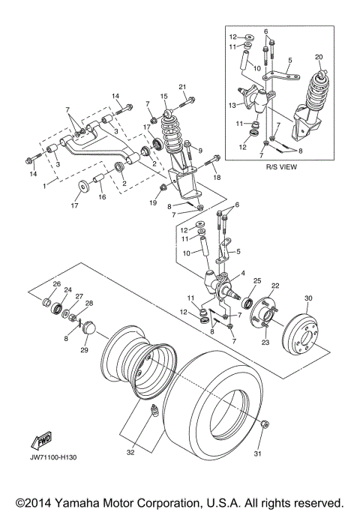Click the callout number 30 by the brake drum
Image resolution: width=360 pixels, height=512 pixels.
[x=307, y=298]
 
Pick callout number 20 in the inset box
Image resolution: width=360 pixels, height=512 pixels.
[x=319, y=57]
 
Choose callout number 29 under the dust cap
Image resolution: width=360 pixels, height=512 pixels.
[x=84, y=350]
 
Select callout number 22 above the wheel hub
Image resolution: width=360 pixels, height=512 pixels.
[x=274, y=286]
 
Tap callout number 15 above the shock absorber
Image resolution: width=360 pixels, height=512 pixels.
[x=163, y=96]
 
